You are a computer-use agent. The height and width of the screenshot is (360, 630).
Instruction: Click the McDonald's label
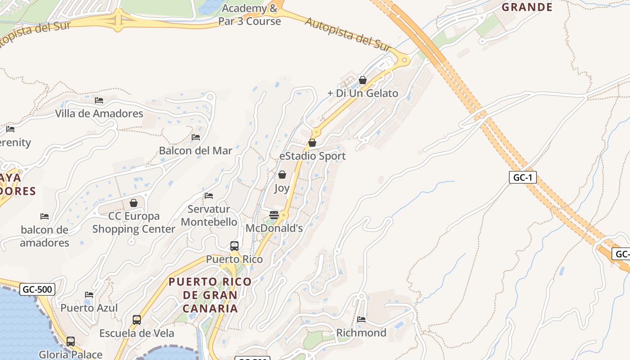274,228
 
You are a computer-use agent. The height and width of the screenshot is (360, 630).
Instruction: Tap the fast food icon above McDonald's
274,215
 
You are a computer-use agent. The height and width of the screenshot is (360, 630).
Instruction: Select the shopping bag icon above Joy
282,175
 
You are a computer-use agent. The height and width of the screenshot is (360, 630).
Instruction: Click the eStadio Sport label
312,156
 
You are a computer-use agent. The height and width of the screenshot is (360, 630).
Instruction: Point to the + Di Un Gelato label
363,93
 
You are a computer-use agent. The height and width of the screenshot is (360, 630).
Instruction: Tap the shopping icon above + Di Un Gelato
363,80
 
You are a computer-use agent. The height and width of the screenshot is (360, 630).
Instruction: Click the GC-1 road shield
523,177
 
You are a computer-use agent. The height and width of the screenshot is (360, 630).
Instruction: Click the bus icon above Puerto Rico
234,246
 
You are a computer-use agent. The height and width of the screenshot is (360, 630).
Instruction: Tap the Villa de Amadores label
99,113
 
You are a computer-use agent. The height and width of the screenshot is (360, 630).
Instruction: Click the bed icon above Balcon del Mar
196,137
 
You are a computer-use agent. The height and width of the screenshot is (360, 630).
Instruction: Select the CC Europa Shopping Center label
134,222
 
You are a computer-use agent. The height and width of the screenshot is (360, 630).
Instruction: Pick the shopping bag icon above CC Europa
134,203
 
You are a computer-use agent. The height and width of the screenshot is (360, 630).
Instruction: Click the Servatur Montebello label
209,216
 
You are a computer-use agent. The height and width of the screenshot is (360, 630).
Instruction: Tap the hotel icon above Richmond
361,319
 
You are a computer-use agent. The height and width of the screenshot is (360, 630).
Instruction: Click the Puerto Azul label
89,308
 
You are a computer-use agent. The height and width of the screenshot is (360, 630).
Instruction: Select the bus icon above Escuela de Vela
137,320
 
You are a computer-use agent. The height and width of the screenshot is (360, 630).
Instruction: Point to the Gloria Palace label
71,355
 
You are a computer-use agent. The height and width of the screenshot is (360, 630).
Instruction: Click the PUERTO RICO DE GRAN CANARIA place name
210,295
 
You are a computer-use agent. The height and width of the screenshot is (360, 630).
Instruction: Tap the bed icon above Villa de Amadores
99,100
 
